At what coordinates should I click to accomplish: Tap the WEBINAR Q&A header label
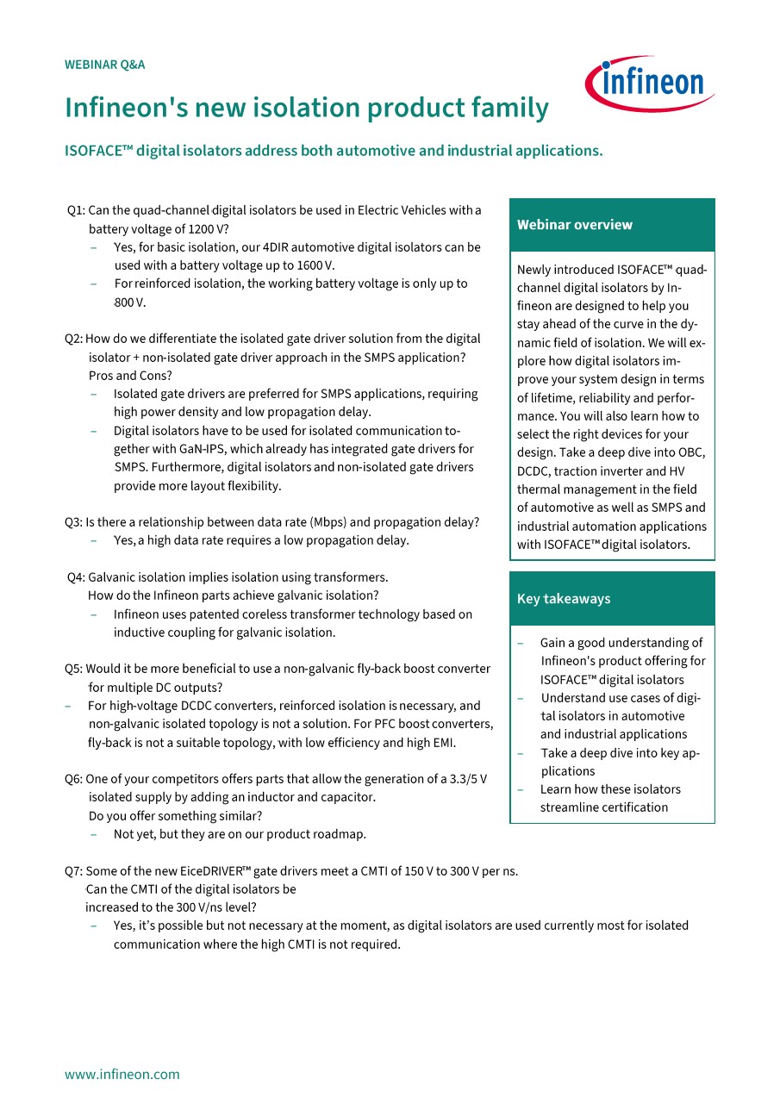pyautogui.click(x=105, y=65)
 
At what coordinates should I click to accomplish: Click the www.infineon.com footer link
pyautogui.click(x=122, y=1074)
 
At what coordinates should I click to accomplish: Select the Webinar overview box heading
pyautogui.click(x=575, y=225)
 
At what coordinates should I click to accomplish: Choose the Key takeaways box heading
pyautogui.click(x=564, y=599)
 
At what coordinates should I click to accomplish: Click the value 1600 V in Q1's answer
pyautogui.click(x=315, y=265)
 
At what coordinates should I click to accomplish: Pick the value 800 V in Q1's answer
pyautogui.click(x=130, y=302)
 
